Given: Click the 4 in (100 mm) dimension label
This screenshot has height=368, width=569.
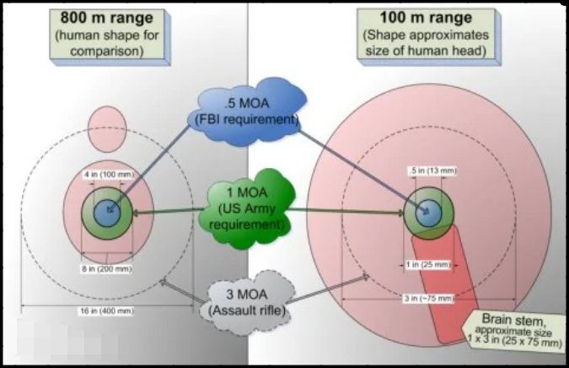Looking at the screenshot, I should pyautogui.click(x=108, y=174).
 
